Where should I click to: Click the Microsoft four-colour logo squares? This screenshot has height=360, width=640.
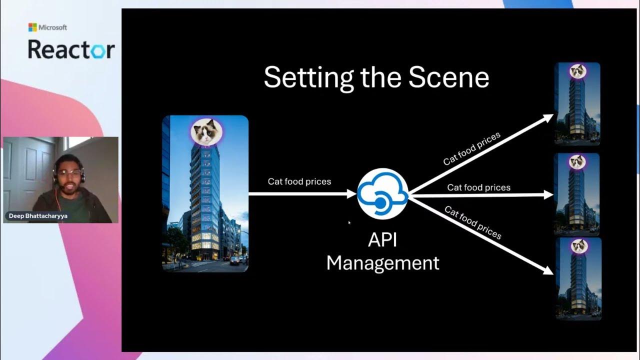click(x=32, y=27)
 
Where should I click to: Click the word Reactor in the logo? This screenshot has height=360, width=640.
click(x=71, y=49)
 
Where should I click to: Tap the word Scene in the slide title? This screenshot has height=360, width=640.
click(x=449, y=77)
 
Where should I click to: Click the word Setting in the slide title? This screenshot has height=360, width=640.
click(x=309, y=78)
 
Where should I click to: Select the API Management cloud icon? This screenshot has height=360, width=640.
click(x=383, y=193)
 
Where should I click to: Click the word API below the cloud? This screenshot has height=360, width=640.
click(x=382, y=240)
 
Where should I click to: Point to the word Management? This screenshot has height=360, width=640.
click(x=383, y=263)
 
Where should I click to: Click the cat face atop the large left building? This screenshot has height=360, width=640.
click(x=206, y=131)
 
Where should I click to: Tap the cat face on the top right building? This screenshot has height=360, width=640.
click(x=578, y=71)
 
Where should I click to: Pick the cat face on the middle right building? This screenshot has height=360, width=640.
click(x=577, y=162)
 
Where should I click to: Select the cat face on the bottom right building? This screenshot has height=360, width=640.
click(x=579, y=246)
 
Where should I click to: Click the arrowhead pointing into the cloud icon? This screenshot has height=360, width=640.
click(x=351, y=194)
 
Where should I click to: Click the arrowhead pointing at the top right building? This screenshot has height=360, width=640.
click(x=548, y=117)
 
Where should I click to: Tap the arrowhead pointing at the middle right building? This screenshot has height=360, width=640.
click(x=548, y=195)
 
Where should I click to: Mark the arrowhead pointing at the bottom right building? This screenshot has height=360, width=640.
click(x=548, y=270)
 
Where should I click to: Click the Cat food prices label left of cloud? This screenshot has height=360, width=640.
click(x=299, y=181)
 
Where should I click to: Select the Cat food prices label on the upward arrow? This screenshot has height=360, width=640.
click(x=471, y=148)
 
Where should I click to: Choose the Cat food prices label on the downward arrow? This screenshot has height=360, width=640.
click(x=473, y=222)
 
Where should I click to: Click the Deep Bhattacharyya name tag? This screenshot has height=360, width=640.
click(x=38, y=216)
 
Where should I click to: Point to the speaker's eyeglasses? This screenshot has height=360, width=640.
click(x=68, y=173)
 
